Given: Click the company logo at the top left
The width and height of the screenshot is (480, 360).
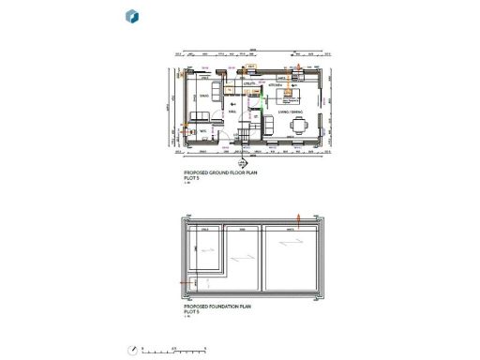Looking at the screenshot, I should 131,16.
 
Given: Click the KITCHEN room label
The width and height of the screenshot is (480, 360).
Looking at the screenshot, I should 277,85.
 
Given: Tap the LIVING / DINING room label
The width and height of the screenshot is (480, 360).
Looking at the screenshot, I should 289,112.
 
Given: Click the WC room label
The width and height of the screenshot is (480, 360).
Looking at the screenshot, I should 202,131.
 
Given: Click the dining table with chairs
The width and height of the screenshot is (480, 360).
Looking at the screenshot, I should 299,126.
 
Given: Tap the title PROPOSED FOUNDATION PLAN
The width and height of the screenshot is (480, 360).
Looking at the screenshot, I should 219,307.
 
